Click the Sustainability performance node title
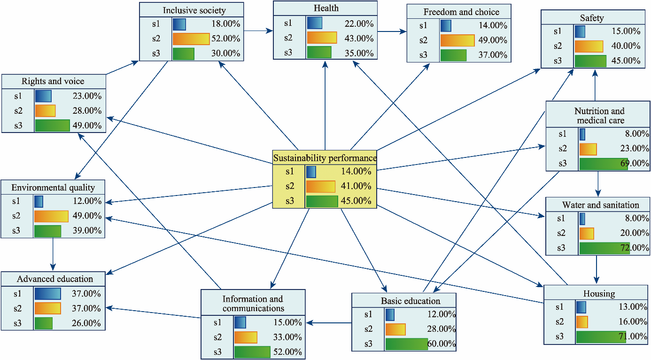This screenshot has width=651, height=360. coord(325,158)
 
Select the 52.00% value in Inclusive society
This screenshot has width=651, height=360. coord(226,39)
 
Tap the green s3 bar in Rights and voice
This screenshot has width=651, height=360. coord(52,125)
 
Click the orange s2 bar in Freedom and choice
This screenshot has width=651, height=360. coord(457,40)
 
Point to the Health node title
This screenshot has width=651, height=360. coord(326,8)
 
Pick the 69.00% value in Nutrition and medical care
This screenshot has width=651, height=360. coord(635,163)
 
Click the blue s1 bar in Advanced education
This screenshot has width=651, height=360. coord(47,293)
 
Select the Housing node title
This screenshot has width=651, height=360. coord(599,294)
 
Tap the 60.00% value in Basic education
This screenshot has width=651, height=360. coord(441,344)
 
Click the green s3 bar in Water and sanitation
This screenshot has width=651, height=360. coord(604,248)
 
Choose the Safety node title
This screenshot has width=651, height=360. coord(592,18)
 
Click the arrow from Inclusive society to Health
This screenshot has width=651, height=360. coord(258,31)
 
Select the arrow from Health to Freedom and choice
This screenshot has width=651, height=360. coord(392,31)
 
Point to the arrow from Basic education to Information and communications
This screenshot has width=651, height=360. coord(329,323)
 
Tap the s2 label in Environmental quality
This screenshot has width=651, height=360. coord(16,216)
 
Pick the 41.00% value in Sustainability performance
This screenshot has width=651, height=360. coord(356,186)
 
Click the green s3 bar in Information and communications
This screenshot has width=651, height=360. coord(252,352)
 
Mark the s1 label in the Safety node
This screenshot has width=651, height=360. coord(558,31)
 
